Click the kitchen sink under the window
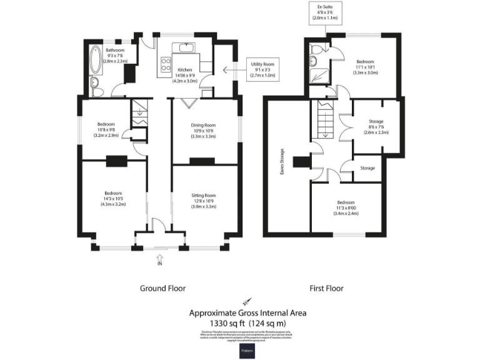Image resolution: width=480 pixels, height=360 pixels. (x=186, y=47)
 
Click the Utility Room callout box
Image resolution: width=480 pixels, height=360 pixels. (x=262, y=68)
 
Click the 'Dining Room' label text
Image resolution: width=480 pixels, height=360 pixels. (x=203, y=125)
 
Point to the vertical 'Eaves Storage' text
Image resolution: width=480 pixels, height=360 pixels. (x=282, y=161)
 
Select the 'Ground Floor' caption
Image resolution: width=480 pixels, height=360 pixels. (x=162, y=288)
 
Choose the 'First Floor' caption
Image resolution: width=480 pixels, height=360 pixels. (x=326, y=288)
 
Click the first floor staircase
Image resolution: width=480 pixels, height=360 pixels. (x=323, y=120)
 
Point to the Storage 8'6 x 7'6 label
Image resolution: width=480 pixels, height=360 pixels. (x=376, y=127)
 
